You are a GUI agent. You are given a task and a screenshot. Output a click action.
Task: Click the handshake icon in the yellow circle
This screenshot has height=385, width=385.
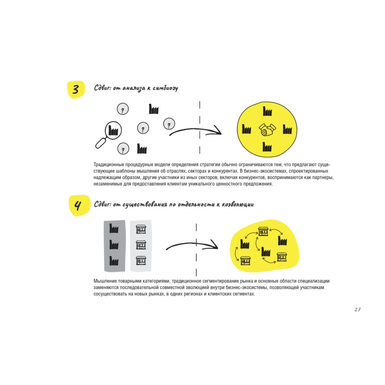pyautogui.click(x=267, y=129)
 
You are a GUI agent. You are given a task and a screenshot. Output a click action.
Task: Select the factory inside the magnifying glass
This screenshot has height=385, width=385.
pyautogui.click(x=113, y=130)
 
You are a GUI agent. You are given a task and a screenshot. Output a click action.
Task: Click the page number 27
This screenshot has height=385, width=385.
pyautogui.click(x=357, y=310)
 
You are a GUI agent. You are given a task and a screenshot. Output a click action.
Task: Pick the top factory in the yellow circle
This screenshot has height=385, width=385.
pyautogui.click(x=267, y=111)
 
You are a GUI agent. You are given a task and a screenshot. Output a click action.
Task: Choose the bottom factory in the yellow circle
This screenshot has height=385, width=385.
pyautogui.click(x=267, y=147)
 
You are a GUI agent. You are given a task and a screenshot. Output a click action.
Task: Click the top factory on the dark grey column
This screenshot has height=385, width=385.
pyautogui.click(x=114, y=229)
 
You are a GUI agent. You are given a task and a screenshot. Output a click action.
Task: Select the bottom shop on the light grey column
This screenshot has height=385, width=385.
pyautogui.click(x=141, y=261)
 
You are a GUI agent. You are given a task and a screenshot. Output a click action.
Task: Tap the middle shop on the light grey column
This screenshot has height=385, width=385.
pyautogui.click(x=141, y=245)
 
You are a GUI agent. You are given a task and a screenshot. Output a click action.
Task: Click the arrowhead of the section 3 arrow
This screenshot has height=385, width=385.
pyautogui.click(x=218, y=131)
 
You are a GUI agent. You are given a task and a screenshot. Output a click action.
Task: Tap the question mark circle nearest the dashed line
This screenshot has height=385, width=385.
pyautogui.click(x=169, y=124)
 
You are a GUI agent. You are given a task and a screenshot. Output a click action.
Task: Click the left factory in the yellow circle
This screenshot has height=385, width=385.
pyautogui.click(x=246, y=129)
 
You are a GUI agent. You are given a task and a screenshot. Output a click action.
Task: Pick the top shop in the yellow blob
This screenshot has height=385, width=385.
pyautogui.click(x=263, y=231)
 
